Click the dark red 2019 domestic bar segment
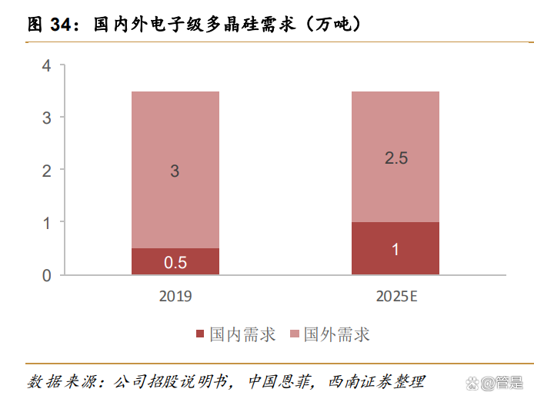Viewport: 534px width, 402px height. (175, 261)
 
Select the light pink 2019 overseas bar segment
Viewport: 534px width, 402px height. (175, 169)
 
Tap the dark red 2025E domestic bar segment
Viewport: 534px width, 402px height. (395, 248)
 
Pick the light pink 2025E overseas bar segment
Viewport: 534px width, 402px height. (395, 157)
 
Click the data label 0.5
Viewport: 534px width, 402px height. (175, 262)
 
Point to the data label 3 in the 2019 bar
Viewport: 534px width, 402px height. (175, 171)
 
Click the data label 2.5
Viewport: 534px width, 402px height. (395, 158)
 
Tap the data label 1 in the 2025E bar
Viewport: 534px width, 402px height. (395, 249)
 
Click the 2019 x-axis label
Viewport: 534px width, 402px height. (175, 296)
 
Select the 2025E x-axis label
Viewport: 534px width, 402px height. (395, 296)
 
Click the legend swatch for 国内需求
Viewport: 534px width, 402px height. (201, 334)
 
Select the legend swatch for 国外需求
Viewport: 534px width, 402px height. (295, 334)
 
